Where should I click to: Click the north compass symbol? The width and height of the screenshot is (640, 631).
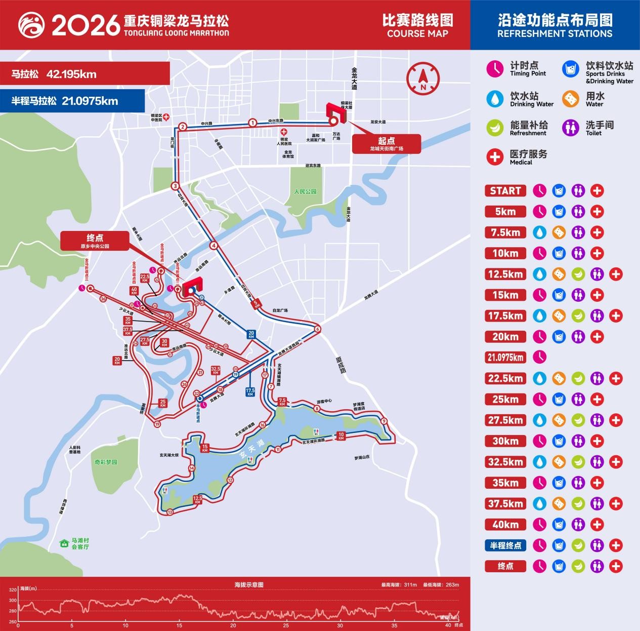[422, 77]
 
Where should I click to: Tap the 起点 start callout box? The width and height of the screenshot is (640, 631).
[386, 144]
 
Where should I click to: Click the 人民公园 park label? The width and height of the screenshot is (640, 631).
[305, 191]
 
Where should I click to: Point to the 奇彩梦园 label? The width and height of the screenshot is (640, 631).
[105, 462]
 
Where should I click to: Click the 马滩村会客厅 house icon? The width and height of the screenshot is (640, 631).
[64, 543]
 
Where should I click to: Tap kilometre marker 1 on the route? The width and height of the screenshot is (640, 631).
[252, 122]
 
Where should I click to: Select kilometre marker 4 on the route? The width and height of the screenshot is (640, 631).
[214, 246]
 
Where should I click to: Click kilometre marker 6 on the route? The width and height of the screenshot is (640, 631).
[318, 329]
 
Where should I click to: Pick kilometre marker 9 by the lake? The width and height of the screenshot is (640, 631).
[384, 421]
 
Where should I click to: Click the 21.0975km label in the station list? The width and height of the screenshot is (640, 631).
[505, 358]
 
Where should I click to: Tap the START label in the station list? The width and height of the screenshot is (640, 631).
[505, 191]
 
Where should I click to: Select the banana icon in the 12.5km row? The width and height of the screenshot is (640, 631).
[578, 274]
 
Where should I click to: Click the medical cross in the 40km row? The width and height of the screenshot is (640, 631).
[597, 525]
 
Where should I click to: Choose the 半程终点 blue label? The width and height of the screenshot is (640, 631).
[505, 545]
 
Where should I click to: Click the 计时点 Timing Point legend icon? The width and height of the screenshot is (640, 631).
[494, 69]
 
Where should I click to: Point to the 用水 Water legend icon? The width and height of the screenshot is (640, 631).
[570, 99]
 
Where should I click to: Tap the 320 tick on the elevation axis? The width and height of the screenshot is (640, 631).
[13, 589]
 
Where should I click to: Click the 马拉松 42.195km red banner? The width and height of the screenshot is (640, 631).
[84, 74]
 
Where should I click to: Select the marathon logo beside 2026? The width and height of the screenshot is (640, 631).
[31, 25]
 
